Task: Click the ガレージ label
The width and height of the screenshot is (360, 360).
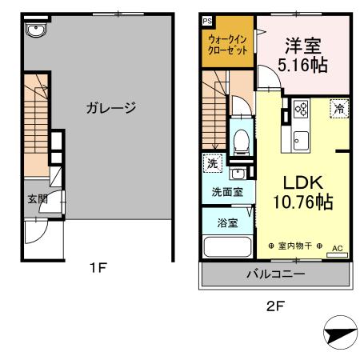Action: [111, 107]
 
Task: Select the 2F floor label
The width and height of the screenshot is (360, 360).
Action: [274, 304]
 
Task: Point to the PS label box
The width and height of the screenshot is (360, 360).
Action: [206, 21]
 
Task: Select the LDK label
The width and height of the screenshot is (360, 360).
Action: [301, 182]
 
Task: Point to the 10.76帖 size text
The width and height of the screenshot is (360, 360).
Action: [301, 202]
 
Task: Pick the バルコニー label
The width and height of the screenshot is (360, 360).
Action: [274, 274]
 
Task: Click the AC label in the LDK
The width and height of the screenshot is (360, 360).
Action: [336, 247]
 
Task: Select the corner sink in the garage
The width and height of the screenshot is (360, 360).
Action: [35, 30]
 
